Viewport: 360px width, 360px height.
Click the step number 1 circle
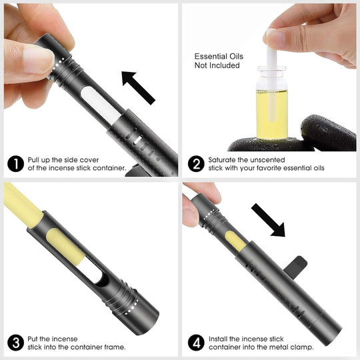[15, 163]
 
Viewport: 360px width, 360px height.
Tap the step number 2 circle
[195, 163]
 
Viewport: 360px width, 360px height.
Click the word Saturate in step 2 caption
[223, 160]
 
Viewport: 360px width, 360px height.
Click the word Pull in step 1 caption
[34, 160]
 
